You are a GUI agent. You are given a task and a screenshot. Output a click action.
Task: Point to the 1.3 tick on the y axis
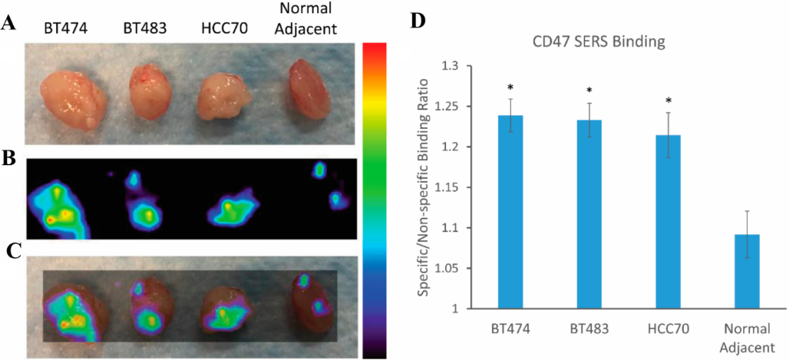[462, 66]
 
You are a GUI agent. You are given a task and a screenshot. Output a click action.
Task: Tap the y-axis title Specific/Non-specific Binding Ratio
[423, 187]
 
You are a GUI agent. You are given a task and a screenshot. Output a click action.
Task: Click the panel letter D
[418, 20]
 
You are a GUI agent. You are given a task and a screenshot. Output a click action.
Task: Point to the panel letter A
[9, 23]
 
